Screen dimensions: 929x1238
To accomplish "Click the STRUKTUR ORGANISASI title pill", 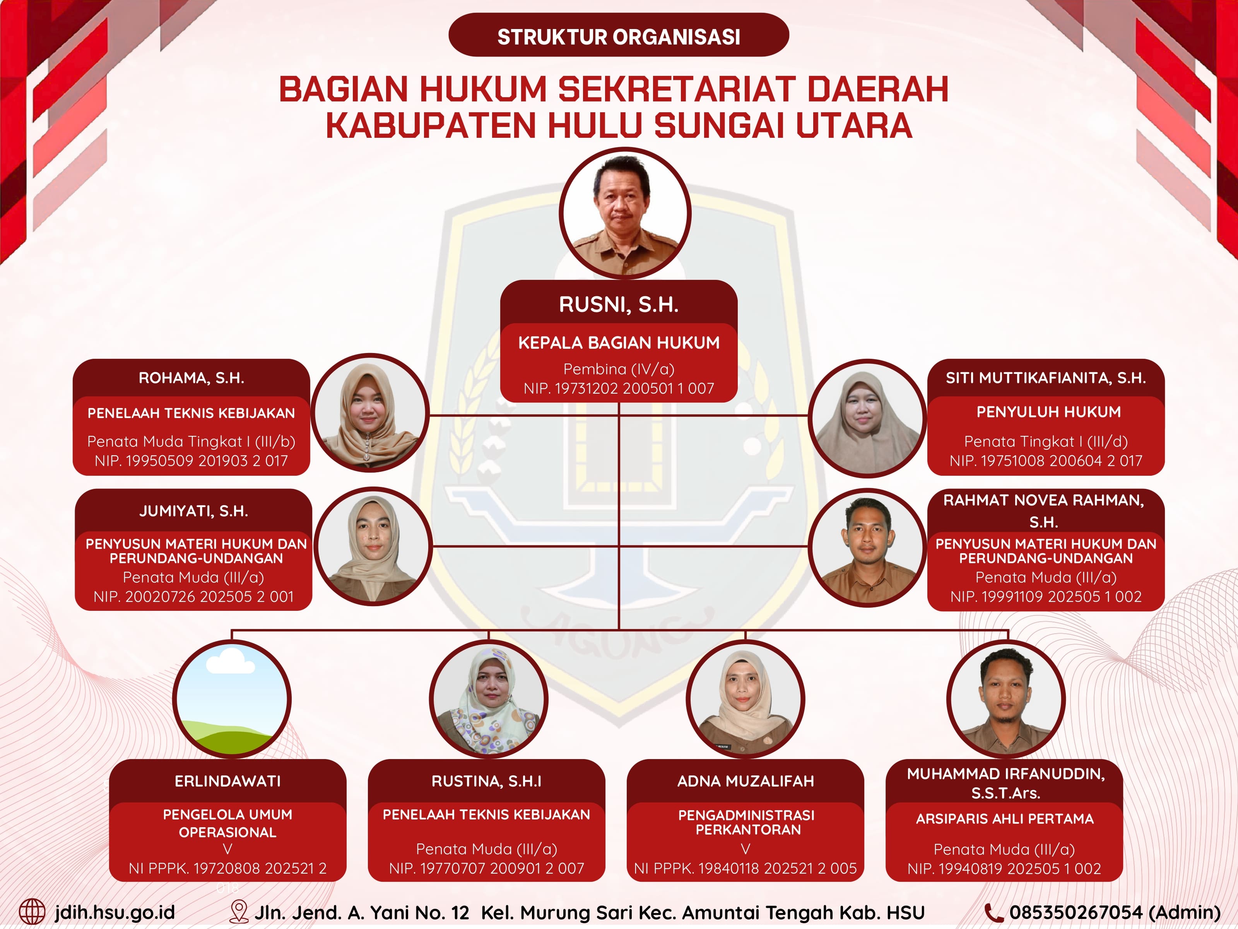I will point(619,36).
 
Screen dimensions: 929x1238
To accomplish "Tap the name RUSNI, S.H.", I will point(619,305).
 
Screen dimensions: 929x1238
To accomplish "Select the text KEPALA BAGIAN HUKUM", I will point(619,343).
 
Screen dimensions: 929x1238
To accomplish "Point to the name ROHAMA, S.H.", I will point(192,378).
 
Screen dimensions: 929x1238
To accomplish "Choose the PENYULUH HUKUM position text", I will point(1048,412).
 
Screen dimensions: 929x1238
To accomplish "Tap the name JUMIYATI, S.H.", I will point(194,511).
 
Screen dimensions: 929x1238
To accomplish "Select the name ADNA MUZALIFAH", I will point(746,781).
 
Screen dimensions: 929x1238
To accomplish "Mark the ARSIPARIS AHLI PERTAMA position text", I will point(1005,819).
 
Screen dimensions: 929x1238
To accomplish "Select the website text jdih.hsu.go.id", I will point(115,912).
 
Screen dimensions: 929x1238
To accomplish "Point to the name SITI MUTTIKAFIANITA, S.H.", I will point(1045,378).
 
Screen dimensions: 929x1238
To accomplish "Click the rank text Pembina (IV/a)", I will point(619,369).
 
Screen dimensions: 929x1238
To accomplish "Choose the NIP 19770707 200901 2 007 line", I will point(486,869).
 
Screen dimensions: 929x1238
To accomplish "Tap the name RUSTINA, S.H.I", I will point(486,781).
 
